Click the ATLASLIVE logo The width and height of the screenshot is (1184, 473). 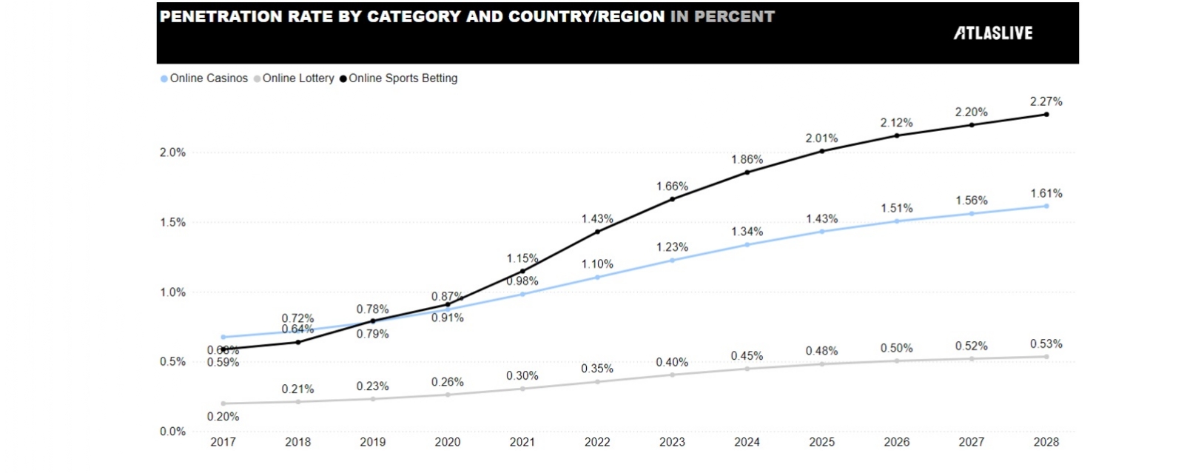click(x=992, y=33)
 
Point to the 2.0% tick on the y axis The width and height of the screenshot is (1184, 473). click(x=172, y=152)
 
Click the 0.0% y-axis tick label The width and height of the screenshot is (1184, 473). click(x=172, y=432)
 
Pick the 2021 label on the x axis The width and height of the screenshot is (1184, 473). click(x=522, y=442)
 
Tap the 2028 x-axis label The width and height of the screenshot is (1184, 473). click(x=1046, y=442)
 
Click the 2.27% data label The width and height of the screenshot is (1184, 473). click(x=1046, y=101)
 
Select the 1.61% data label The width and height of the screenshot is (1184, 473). click(x=1046, y=194)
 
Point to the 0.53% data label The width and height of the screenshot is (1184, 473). click(x=1046, y=344)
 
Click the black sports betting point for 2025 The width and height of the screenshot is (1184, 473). click(x=821, y=151)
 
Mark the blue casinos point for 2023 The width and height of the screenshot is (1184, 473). click(x=672, y=260)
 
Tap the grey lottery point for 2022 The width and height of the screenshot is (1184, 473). click(x=597, y=382)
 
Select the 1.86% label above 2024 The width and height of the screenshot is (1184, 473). click(x=747, y=160)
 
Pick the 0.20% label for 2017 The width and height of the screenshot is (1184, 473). click(x=223, y=417)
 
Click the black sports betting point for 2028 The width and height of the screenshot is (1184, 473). click(x=1046, y=114)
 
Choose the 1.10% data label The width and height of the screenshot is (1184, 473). click(x=597, y=264)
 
